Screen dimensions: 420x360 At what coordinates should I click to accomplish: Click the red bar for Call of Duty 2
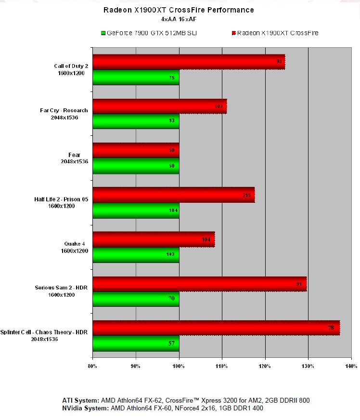189,62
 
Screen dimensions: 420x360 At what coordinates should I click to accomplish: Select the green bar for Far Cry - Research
136,121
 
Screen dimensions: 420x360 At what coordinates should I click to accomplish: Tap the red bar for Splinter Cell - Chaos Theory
216,328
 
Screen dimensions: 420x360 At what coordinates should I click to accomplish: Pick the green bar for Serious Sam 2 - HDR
136,299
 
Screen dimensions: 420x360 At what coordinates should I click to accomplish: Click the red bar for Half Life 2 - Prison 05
173,195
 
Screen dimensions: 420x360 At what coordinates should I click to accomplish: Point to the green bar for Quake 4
136,254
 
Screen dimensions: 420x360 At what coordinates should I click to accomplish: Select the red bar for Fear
136,150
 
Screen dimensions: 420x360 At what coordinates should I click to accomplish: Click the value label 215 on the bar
246,195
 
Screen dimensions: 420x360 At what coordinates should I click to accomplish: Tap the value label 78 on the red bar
331,328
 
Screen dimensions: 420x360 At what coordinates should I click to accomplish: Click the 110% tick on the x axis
222,366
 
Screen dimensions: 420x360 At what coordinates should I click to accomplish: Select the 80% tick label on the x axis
92,366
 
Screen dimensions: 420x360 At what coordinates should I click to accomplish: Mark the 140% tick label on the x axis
351,366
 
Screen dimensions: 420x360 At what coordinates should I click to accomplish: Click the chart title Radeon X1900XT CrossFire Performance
179,10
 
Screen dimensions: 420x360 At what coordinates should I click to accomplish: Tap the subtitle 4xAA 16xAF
179,20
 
